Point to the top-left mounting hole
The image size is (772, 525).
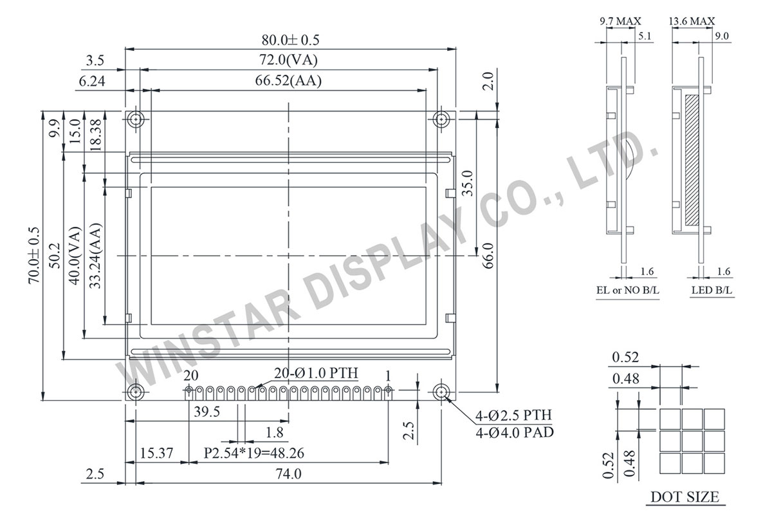coord(136,119)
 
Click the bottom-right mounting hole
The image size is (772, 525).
coord(441,392)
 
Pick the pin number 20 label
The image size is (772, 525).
coord(191,376)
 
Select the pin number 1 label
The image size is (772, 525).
coord(388,376)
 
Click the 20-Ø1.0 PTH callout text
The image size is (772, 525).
coord(316,374)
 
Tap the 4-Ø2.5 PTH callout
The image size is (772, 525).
coord(513,415)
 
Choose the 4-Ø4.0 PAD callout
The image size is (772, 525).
coord(514,432)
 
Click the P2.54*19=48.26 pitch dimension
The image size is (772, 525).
coord(254,453)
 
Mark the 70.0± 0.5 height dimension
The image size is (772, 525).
coord(34,255)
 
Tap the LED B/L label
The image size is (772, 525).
coord(712,291)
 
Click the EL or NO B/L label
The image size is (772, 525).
coord(627,291)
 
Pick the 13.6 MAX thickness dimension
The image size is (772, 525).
coord(692,21)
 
